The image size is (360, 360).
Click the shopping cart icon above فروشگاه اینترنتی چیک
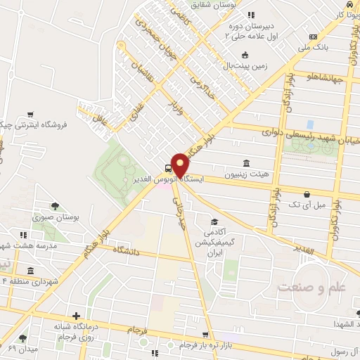click(30, 113)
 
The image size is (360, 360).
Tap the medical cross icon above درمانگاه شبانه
click(77, 316)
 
